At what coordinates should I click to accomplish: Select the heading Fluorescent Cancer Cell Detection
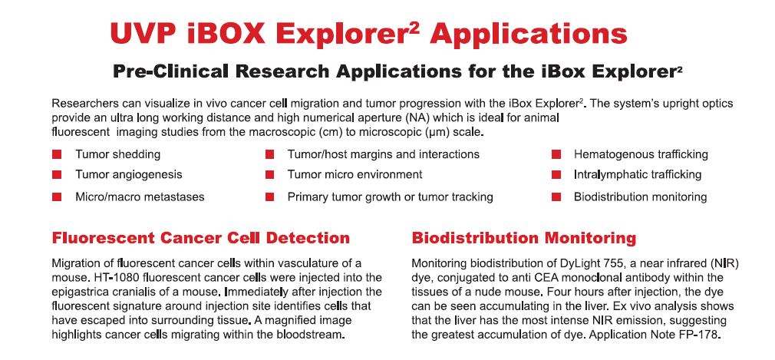201,238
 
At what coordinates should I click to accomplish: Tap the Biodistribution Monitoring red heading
524,238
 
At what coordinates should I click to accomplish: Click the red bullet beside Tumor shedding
57,155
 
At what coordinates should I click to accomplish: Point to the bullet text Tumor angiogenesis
128,174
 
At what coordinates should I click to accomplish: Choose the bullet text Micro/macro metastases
140,197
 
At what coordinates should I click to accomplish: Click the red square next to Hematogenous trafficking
556,155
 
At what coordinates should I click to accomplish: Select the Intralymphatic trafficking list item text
638,174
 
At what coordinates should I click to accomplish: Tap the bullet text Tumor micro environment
355,174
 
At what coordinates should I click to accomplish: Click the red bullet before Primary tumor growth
269,197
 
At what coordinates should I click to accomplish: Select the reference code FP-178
701,335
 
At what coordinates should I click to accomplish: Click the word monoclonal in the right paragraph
605,277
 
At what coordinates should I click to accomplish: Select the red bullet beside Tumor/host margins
269,155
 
